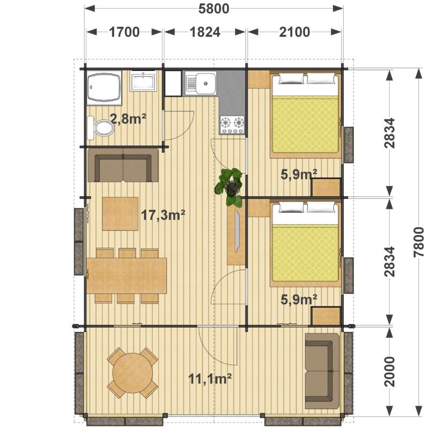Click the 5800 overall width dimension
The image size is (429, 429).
click(x=213, y=9)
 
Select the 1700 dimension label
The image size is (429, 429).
click(x=124, y=32)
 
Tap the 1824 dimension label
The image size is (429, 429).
click(x=205, y=32)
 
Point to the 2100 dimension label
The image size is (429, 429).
click(x=294, y=32)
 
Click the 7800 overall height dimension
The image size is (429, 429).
click(x=419, y=242)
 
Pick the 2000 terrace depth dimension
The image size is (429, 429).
click(x=390, y=372)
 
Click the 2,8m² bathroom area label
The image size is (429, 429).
click(x=128, y=119)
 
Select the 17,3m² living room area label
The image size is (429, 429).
click(x=163, y=215)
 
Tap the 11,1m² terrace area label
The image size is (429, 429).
click(x=210, y=379)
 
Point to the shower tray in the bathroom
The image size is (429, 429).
click(x=104, y=87)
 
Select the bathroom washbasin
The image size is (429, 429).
click(x=143, y=80)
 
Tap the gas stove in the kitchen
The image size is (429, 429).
click(x=232, y=125)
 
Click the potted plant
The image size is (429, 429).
click(x=230, y=187)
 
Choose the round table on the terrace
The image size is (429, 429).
click(x=132, y=373)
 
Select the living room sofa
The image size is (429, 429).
click(x=123, y=165)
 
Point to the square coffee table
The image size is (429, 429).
click(x=120, y=213)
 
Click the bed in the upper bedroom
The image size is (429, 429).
click(x=305, y=114)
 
